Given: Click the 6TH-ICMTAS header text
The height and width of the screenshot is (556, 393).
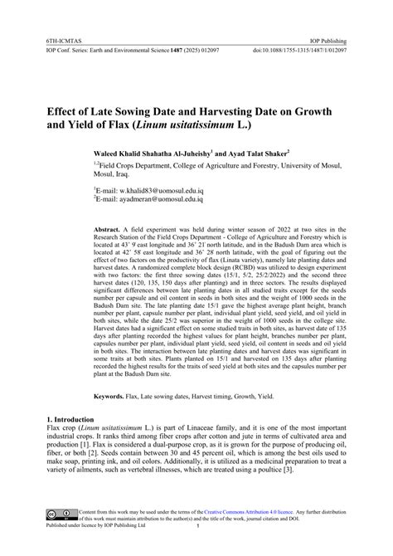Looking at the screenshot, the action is (x=49, y=38).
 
